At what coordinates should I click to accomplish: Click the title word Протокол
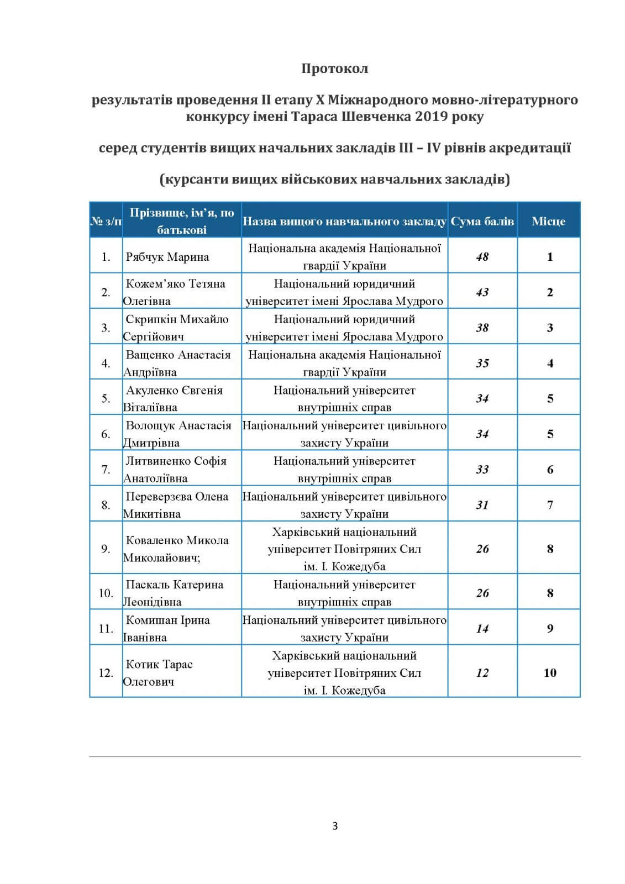(334, 69)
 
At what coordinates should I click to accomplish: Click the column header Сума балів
(482, 222)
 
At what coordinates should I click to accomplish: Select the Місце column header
(548, 222)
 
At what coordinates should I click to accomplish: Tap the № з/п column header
(106, 222)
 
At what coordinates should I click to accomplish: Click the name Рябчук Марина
(167, 257)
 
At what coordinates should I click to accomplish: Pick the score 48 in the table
(482, 257)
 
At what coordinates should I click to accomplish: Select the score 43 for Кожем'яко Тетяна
(482, 292)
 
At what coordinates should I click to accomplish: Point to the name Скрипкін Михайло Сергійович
(176, 328)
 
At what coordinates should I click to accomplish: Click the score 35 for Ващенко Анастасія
(482, 363)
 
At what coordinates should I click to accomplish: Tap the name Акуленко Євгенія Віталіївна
(174, 398)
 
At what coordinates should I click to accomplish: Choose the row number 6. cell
(106, 434)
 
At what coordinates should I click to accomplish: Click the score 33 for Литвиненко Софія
(482, 470)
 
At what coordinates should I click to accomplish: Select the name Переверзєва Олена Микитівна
(176, 505)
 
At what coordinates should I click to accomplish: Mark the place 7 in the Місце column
(549, 505)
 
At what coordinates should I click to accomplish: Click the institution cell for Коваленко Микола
(344, 549)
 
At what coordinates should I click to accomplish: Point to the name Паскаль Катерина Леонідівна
(174, 593)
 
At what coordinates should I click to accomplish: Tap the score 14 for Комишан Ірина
(482, 629)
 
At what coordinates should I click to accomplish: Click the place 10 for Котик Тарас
(549, 673)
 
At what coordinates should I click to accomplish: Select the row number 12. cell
(106, 673)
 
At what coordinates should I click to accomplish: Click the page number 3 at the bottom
(335, 826)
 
